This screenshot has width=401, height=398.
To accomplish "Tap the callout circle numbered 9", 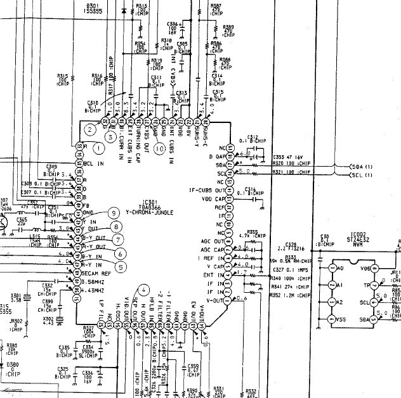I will click(114, 213).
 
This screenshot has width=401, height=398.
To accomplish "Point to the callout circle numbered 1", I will click(98, 148).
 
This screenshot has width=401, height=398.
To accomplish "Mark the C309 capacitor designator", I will click(52, 167).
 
